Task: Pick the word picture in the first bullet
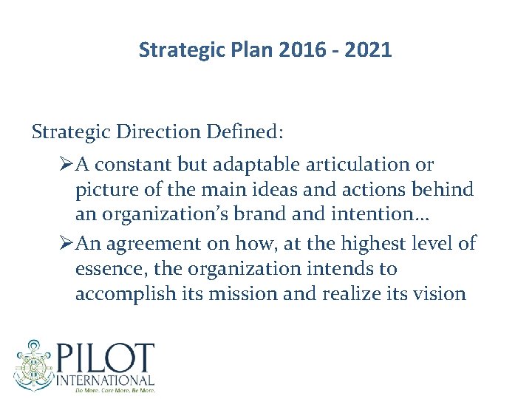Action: click(106, 190)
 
